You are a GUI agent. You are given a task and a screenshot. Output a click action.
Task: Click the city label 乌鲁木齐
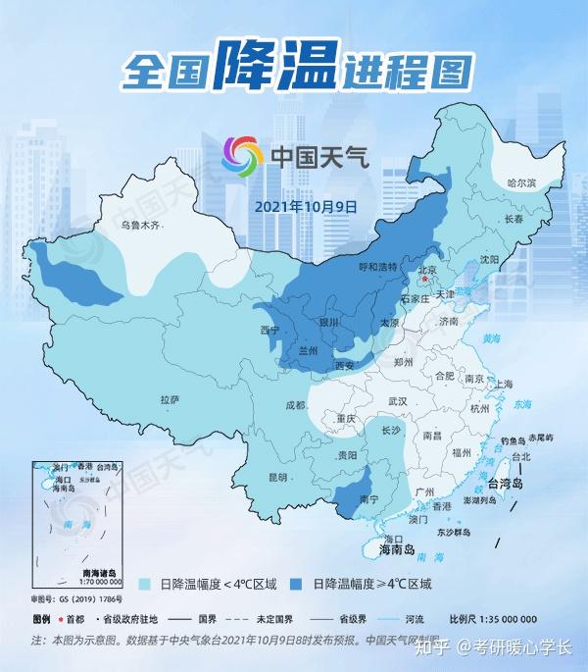click(x=139, y=226)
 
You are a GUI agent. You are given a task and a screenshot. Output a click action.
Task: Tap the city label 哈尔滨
click(x=521, y=183)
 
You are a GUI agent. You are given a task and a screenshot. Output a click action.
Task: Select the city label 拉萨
click(x=170, y=399)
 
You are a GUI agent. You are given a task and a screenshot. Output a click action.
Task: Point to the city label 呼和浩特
click(x=376, y=266)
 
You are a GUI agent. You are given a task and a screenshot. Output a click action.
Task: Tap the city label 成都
click(x=296, y=405)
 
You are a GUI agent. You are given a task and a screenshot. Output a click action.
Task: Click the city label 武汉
click(x=397, y=401)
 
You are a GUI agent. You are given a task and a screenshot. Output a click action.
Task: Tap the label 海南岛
click(x=399, y=551)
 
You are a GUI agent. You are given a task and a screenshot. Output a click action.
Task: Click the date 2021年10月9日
click(x=306, y=207)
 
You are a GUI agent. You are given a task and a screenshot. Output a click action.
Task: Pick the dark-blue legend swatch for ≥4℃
click(x=298, y=583)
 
